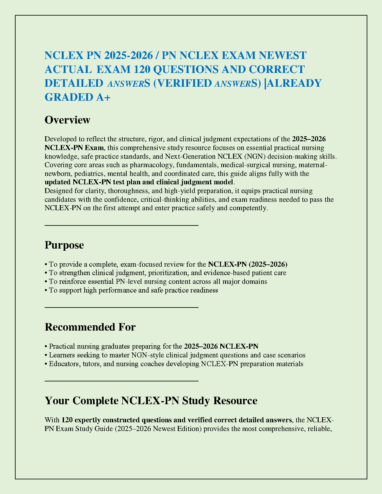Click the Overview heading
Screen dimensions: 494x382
coord(67,120)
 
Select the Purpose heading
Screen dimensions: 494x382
coord(64,245)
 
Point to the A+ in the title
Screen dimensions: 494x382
coord(103,97)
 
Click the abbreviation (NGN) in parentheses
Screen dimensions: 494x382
coord(252,156)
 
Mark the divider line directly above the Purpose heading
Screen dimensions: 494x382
coord(121,225)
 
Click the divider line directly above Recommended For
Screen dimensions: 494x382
coord(121,308)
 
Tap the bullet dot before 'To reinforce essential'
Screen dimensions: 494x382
coord(46,282)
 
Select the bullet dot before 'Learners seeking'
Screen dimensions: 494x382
coord(46,356)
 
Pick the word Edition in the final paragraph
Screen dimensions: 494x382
coord(189,429)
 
